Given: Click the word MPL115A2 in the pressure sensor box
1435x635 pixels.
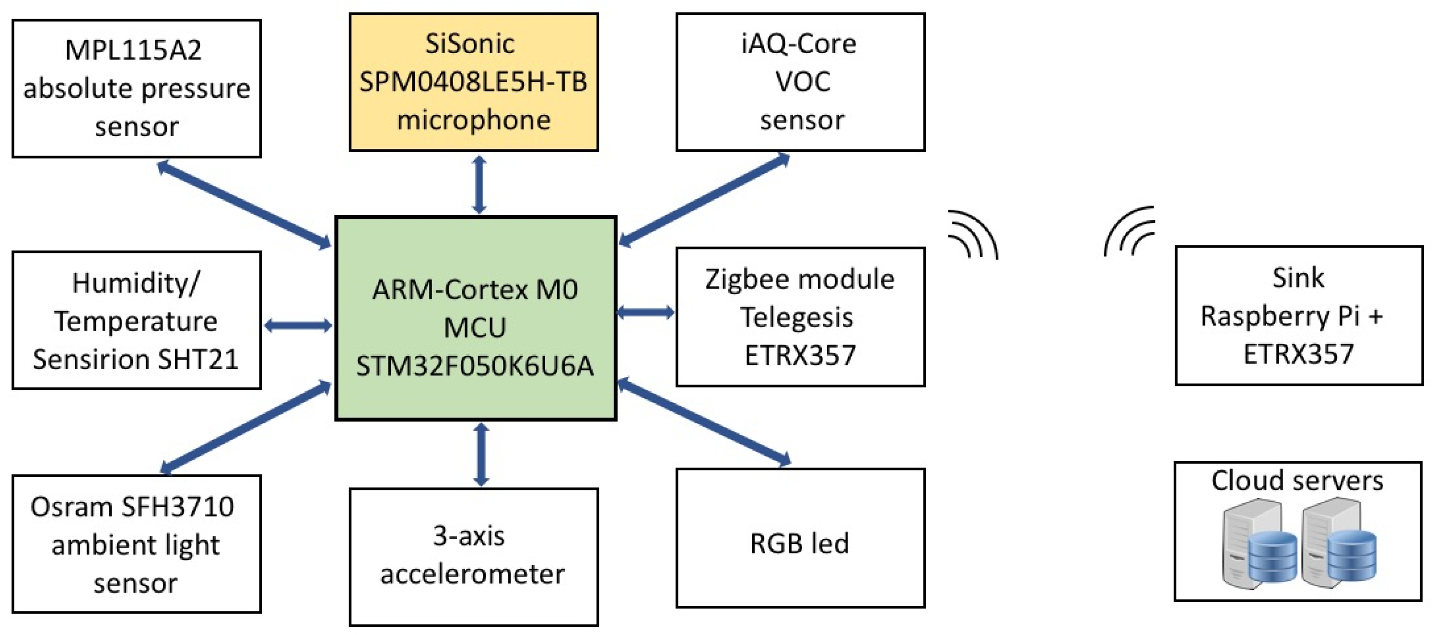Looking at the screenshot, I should tap(133, 50).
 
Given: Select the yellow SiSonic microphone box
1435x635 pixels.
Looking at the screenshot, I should tap(474, 82).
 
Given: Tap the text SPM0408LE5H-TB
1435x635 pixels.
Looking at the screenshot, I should tap(474, 82).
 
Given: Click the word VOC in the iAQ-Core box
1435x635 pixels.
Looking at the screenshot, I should tap(802, 82).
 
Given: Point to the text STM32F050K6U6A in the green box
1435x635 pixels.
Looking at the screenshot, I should tap(475, 366).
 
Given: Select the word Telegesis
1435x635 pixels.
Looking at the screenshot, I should tap(796, 317).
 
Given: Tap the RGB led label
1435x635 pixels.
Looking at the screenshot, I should tap(799, 543).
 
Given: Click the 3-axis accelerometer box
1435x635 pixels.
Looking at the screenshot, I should tap(474, 556).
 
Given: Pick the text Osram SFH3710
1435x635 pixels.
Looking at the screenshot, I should tap(132, 507).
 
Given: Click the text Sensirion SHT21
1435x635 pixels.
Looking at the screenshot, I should tap(135, 359).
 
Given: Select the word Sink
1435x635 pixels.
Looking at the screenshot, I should tap(1298, 277).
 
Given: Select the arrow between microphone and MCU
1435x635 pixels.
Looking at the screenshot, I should tap(479, 185).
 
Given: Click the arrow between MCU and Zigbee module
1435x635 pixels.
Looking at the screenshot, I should tap(646, 312).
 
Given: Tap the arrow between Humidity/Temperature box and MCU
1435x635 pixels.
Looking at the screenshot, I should tap(298, 326).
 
